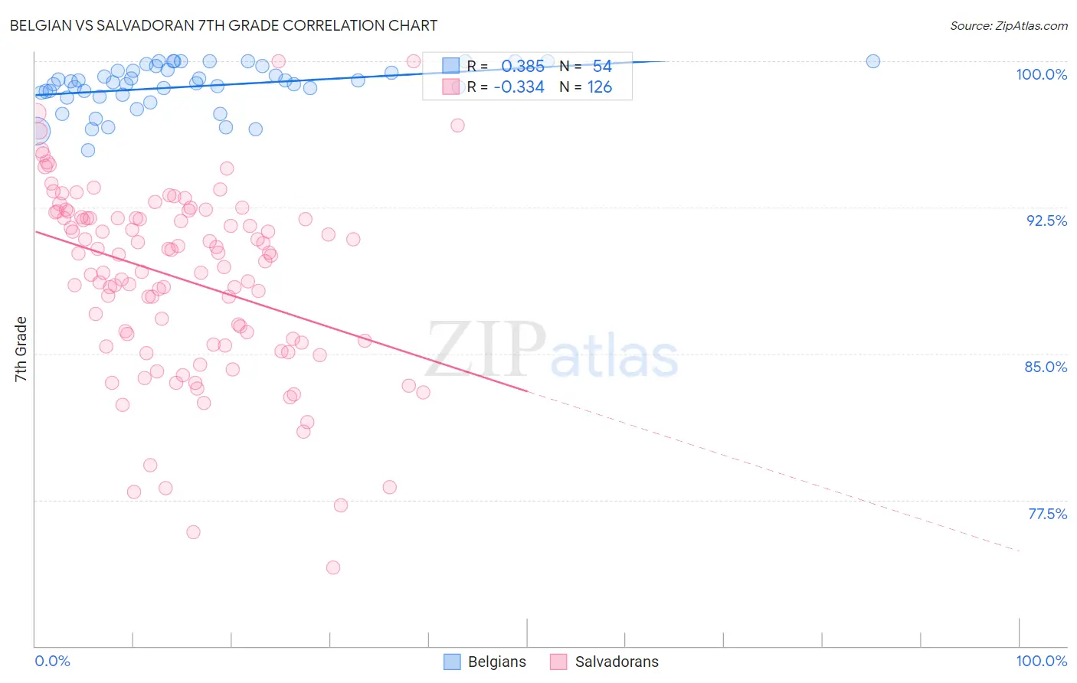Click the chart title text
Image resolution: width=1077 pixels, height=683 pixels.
pyautogui.click(x=224, y=25)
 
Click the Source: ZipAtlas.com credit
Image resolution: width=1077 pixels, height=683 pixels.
pyautogui.click(x=1008, y=25)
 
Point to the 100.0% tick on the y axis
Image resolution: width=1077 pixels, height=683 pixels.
pyautogui.click(x=1041, y=74)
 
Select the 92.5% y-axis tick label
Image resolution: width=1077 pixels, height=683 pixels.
pyautogui.click(x=1046, y=221)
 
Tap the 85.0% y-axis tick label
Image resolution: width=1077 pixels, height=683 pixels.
pyautogui.click(x=1046, y=367)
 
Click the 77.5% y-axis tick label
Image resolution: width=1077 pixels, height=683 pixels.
pyautogui.click(x=1047, y=514)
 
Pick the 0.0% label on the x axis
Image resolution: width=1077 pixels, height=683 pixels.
pyautogui.click(x=52, y=661)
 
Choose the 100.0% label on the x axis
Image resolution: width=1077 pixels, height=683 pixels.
pyautogui.click(x=1041, y=661)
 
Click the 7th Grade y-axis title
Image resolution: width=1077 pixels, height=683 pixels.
pyautogui.click(x=21, y=349)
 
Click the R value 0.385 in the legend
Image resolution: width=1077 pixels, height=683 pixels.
pyautogui.click(x=522, y=66)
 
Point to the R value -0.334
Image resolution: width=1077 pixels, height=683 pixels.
pyautogui.click(x=519, y=87)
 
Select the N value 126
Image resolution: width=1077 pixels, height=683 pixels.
pyautogui.click(x=599, y=87)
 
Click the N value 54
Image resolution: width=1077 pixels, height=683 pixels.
pyautogui.click(x=602, y=66)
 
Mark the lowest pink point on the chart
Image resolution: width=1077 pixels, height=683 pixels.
pyautogui.click(x=332, y=567)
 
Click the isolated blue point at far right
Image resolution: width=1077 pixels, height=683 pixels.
pyautogui.click(x=872, y=61)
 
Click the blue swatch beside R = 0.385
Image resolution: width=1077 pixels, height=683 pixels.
pyautogui.click(x=450, y=66)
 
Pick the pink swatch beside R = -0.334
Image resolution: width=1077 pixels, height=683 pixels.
pyautogui.click(x=450, y=87)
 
